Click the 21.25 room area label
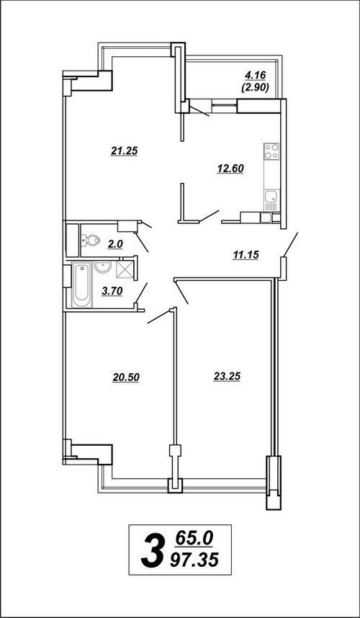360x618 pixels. (x=124, y=151)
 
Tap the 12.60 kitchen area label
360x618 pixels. (x=230, y=169)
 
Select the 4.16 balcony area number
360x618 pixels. (x=256, y=74)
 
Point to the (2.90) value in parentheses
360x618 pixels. (x=255, y=87)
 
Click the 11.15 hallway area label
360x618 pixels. (x=246, y=256)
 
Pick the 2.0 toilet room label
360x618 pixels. (x=115, y=244)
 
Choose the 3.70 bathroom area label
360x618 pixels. (x=112, y=291)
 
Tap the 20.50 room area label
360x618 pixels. (x=126, y=377)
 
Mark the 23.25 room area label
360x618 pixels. (x=227, y=377)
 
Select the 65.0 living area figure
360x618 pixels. (x=194, y=538)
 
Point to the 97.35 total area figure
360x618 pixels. (x=194, y=560)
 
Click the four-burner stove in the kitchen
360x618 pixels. (x=271, y=151)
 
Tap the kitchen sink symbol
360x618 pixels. (x=271, y=196)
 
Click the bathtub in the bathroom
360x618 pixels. (x=82, y=284)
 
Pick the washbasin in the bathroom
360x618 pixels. (x=104, y=267)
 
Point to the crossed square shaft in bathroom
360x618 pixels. (x=124, y=269)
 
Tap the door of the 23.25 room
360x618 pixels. (x=181, y=292)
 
